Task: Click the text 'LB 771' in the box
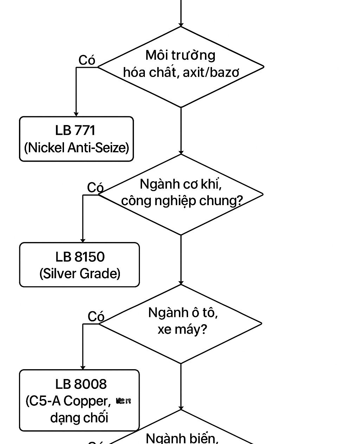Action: [x=75, y=130]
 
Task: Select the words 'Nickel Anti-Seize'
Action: [x=77, y=147]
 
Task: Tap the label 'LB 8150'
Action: [x=80, y=257]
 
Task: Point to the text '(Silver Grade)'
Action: [x=80, y=273]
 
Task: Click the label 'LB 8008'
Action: [x=81, y=384]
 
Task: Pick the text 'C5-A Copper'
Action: [x=68, y=401]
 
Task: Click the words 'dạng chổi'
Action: [x=79, y=418]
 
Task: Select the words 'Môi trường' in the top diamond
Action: [x=180, y=55]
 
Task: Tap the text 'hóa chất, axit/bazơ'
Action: [x=181, y=72]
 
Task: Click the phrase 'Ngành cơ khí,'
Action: [x=181, y=184]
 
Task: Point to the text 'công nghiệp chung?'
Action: [x=182, y=201]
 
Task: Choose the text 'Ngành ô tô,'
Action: [x=183, y=312]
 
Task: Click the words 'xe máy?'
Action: [x=182, y=329]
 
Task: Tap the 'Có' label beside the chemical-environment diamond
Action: [x=87, y=60]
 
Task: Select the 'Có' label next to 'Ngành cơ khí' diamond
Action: [x=95, y=188]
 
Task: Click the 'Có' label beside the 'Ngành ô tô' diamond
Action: [x=96, y=316]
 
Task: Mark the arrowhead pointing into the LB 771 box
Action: [x=76, y=114]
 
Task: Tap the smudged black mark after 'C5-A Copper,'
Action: [x=123, y=400]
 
